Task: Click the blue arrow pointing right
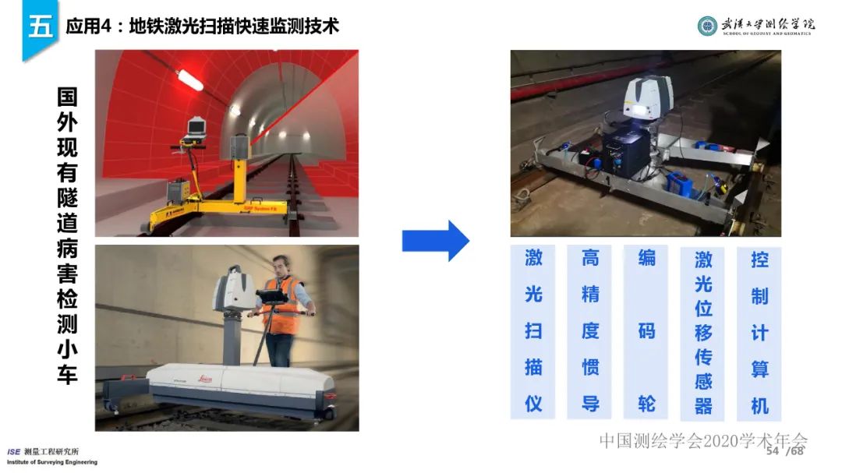(x=435, y=241)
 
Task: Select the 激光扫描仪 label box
(x=533, y=332)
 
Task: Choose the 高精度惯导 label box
(x=590, y=332)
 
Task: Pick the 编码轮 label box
(x=646, y=332)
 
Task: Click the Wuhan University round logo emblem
(x=707, y=26)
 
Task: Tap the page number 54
(x=773, y=452)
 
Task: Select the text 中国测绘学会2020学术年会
(x=703, y=440)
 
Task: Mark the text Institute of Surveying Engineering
(x=52, y=462)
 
